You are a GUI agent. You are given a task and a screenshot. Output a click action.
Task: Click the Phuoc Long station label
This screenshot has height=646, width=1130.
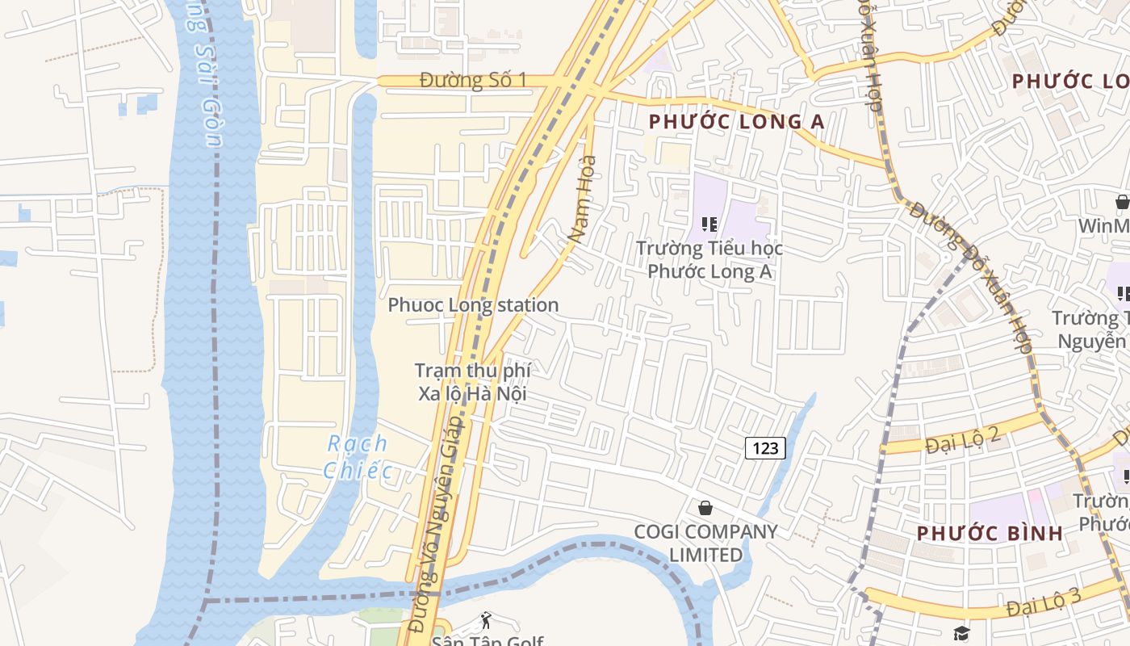coord(473,305)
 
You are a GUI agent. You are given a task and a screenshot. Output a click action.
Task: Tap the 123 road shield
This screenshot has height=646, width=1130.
coord(764,447)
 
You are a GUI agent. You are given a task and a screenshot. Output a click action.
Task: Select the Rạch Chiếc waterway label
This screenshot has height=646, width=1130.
coord(358,457)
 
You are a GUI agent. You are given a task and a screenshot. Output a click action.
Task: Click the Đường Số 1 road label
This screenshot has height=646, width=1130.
coord(473,80)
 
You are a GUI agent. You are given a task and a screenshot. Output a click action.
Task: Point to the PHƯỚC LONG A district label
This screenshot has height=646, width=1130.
coord(736,122)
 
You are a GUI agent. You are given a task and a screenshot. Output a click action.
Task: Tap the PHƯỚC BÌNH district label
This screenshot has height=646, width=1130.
coord(990,534)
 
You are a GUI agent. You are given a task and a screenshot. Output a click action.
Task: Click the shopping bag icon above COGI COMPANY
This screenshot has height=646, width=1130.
coord(705,508)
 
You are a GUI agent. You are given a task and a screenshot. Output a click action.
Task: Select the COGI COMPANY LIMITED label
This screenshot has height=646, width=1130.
coord(705,543)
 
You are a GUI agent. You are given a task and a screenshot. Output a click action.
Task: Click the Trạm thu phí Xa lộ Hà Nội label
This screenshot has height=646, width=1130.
coord(472,382)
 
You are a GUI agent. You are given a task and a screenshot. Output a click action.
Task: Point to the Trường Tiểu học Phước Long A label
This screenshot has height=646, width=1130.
coord(709,260)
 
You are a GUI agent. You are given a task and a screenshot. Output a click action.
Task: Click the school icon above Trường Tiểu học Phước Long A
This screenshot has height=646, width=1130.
coord(709,224)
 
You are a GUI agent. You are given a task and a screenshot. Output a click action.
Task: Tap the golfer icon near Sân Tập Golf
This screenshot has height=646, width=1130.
coord(486,621)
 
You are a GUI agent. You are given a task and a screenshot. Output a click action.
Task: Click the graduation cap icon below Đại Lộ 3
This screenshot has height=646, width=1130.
coord(960,632)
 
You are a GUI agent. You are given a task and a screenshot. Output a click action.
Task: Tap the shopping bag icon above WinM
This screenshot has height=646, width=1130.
coord(1122,202)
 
